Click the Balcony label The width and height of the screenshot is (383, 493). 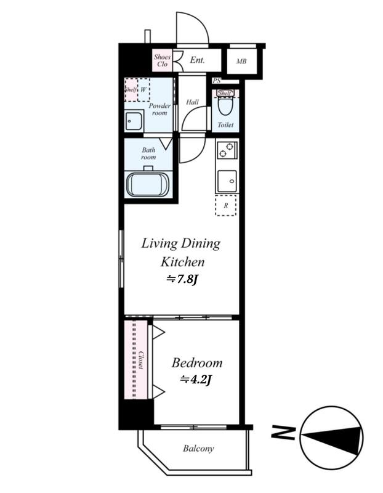[x=198, y=448]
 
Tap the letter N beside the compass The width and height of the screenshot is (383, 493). [x=283, y=433]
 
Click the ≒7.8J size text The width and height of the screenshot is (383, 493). [x=182, y=279]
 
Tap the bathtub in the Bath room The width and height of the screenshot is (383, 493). [x=148, y=184]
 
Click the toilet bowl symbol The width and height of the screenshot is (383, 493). [x=225, y=107]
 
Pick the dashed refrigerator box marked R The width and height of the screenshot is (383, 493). [x=225, y=205]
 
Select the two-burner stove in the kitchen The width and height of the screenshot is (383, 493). [x=227, y=150]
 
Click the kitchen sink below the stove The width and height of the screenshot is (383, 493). [x=227, y=181]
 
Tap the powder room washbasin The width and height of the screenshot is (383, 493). [x=134, y=121]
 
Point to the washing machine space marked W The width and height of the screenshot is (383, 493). [x=143, y=89]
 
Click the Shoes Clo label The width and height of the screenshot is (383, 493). [x=162, y=60]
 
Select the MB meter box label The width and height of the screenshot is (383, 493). [x=241, y=61]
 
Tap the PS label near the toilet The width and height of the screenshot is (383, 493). [x=217, y=81]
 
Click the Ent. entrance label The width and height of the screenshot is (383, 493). [x=197, y=60]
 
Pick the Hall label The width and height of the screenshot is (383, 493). [x=192, y=102]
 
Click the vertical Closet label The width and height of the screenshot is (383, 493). [x=141, y=360]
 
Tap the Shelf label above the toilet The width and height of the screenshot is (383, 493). [x=225, y=93]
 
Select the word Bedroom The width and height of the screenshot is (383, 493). [x=197, y=363]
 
